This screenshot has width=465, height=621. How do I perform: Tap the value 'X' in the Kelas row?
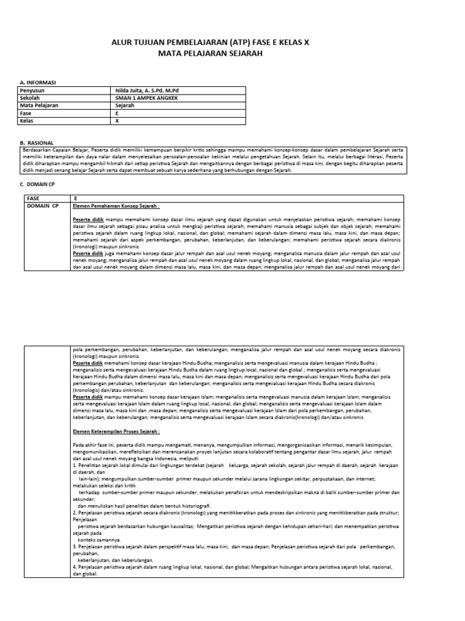[x=117, y=121]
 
